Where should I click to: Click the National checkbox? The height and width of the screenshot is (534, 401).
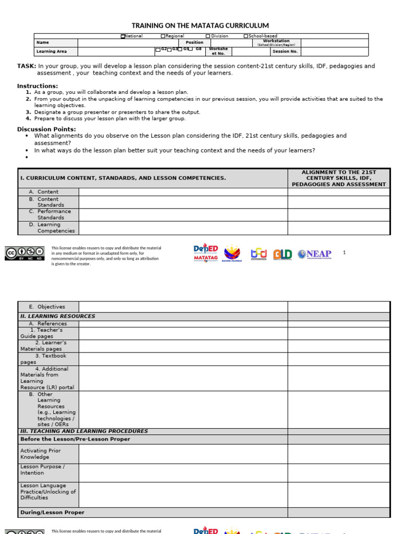click(x=123, y=37)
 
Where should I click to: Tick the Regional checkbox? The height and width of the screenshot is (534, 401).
click(x=163, y=37)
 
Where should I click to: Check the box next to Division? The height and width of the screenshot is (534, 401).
click(x=208, y=37)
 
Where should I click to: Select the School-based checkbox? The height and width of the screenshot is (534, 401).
click(x=246, y=37)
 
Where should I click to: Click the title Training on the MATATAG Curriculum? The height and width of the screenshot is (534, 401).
click(x=200, y=26)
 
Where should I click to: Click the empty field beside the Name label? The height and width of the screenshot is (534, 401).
click(x=128, y=43)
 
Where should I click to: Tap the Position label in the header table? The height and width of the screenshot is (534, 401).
click(x=194, y=43)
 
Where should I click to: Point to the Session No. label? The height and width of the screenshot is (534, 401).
click(x=285, y=52)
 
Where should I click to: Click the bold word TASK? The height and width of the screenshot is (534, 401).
click(x=27, y=66)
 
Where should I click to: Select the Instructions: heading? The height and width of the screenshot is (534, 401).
click(x=38, y=86)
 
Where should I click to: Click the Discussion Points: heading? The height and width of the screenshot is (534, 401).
click(x=46, y=129)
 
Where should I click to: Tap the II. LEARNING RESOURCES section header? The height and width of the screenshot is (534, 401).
click(x=57, y=316)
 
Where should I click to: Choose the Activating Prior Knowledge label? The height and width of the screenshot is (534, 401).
click(x=41, y=454)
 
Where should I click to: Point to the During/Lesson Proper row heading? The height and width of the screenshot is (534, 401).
click(x=52, y=513)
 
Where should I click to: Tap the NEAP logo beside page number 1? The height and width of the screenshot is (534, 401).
click(x=314, y=254)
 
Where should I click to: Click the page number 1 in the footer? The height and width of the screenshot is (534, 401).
click(x=344, y=252)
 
